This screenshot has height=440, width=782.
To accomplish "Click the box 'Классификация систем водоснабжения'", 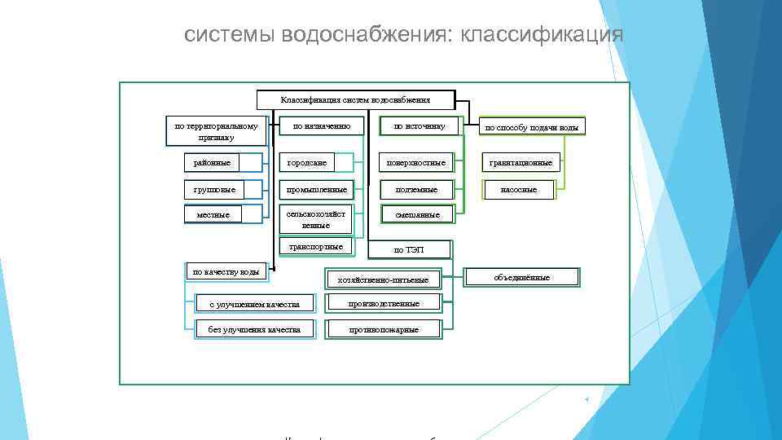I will tap(355, 99).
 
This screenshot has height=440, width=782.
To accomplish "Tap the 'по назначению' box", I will tap(321, 126).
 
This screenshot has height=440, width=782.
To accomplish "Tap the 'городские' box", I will tap(316, 163).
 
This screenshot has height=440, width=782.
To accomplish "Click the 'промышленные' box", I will tap(316, 190).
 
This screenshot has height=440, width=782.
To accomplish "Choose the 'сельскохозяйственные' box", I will tap(316, 219).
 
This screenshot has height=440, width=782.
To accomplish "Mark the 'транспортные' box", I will tap(316, 246).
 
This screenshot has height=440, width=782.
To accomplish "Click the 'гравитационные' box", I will tap(521, 163).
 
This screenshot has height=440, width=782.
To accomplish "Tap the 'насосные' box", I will tap(521, 190).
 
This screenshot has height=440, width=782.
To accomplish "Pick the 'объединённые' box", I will tap(522, 278).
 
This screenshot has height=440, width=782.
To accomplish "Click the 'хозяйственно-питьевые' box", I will tap(389, 280).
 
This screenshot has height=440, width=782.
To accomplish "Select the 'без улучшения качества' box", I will tap(254, 329).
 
